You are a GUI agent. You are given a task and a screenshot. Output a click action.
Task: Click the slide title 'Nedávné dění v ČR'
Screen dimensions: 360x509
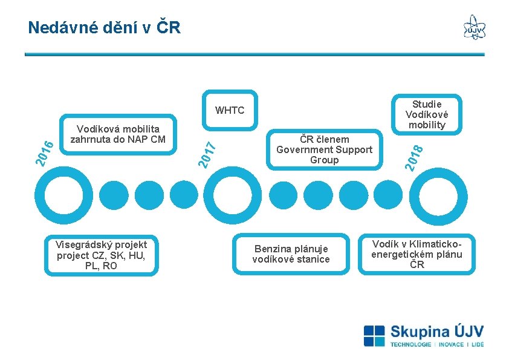click(x=104, y=27)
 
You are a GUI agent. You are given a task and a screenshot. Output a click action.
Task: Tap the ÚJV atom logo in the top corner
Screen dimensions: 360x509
click(x=474, y=28)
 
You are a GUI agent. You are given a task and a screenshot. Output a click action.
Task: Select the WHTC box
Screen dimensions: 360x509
click(x=230, y=110)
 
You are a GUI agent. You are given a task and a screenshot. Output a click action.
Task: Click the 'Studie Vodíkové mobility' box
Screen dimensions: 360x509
click(x=426, y=114)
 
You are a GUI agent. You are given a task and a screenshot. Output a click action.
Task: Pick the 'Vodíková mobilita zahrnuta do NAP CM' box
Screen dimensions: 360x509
click(x=118, y=134)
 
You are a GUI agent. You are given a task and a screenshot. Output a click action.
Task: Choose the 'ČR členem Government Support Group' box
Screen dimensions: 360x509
click(x=324, y=149)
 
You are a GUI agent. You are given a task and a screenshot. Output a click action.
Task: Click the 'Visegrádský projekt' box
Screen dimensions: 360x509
click(x=102, y=255)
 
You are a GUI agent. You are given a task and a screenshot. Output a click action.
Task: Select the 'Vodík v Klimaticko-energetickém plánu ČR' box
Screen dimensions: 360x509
click(x=417, y=254)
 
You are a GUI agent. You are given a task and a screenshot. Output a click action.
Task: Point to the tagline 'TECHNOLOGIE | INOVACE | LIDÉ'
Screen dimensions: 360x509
click(x=436, y=345)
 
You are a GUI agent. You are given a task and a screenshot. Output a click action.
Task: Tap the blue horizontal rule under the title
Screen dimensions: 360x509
click(x=254, y=54)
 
